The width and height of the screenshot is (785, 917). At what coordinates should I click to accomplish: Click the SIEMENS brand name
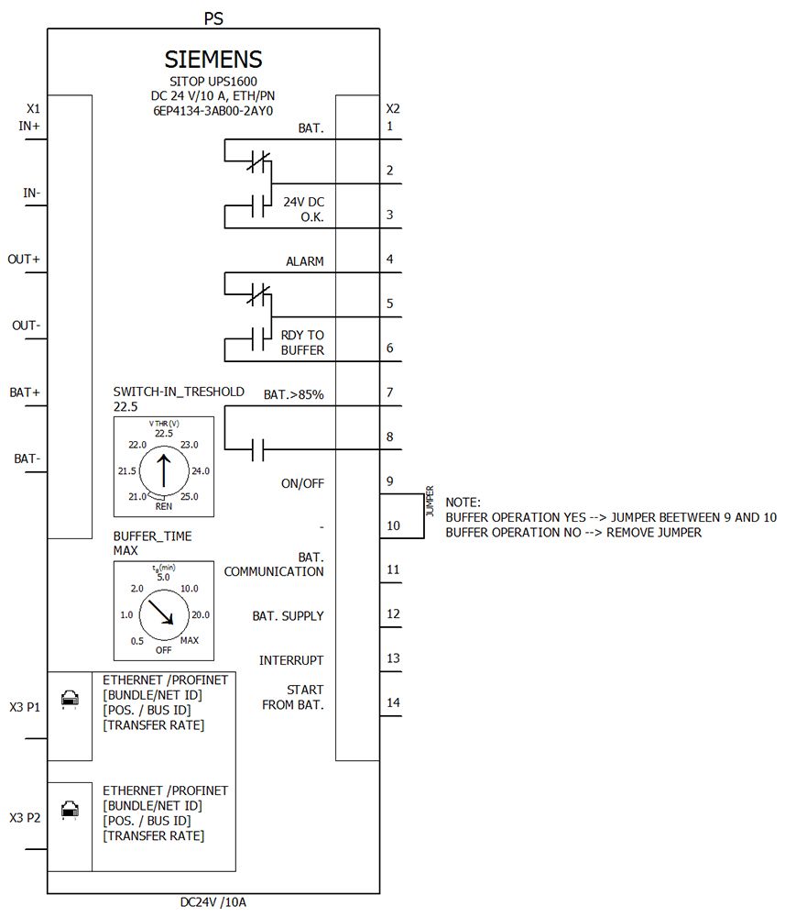tap(213, 60)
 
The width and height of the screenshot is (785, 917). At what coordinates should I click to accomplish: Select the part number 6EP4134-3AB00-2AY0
tap(213, 110)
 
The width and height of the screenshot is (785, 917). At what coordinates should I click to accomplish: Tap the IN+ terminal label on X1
tap(29, 126)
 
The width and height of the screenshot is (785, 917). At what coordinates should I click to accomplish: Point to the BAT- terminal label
tap(27, 458)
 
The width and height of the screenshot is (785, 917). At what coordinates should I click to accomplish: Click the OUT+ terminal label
tap(24, 260)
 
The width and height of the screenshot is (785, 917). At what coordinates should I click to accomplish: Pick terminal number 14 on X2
tap(393, 702)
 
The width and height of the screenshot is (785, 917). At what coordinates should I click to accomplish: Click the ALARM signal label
tap(304, 261)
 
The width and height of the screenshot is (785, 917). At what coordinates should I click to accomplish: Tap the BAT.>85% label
tap(294, 394)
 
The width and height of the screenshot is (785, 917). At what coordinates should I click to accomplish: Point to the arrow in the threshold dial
tap(163, 469)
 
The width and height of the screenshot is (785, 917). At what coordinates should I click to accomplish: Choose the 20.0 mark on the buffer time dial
tap(201, 614)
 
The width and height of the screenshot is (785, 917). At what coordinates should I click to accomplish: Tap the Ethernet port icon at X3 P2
tap(69, 810)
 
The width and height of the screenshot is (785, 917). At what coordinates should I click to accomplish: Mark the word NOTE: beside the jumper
tap(463, 503)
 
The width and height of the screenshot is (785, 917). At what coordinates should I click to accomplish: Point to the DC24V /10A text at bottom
tap(213, 902)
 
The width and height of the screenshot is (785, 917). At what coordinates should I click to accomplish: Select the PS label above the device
tap(213, 17)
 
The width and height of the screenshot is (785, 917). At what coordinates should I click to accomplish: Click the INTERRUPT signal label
tap(291, 660)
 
